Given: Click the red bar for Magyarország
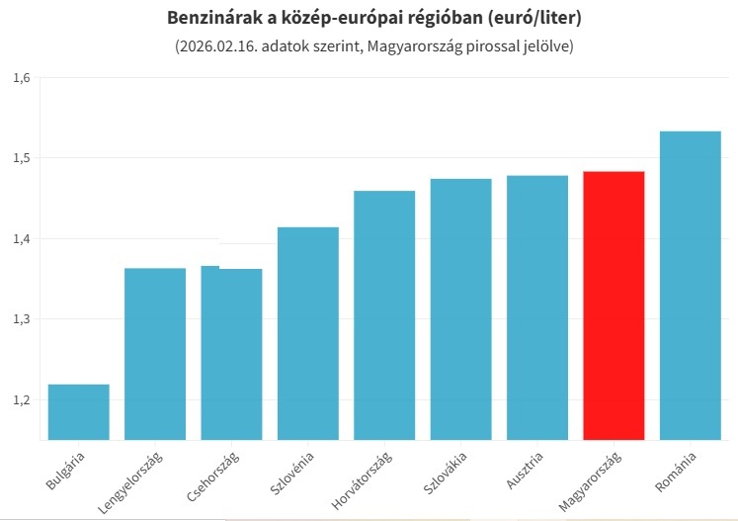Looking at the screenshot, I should [x=614, y=305].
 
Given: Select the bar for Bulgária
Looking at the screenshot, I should [x=78, y=411].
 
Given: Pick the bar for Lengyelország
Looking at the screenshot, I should [x=155, y=354].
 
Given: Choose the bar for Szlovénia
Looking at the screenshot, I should [x=307, y=333].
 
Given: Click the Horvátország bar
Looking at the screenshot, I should [x=384, y=314].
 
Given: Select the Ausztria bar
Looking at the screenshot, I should [x=536, y=307].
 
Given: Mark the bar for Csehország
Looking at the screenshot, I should [x=231, y=354].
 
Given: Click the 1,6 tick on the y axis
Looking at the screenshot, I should [x=23, y=77].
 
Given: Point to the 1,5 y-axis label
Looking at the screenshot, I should [x=23, y=158].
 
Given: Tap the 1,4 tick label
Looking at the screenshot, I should [x=23, y=238].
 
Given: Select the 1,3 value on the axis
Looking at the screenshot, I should [x=23, y=319].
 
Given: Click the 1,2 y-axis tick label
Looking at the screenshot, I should [x=23, y=400].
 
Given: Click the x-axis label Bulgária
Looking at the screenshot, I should [x=66, y=470].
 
